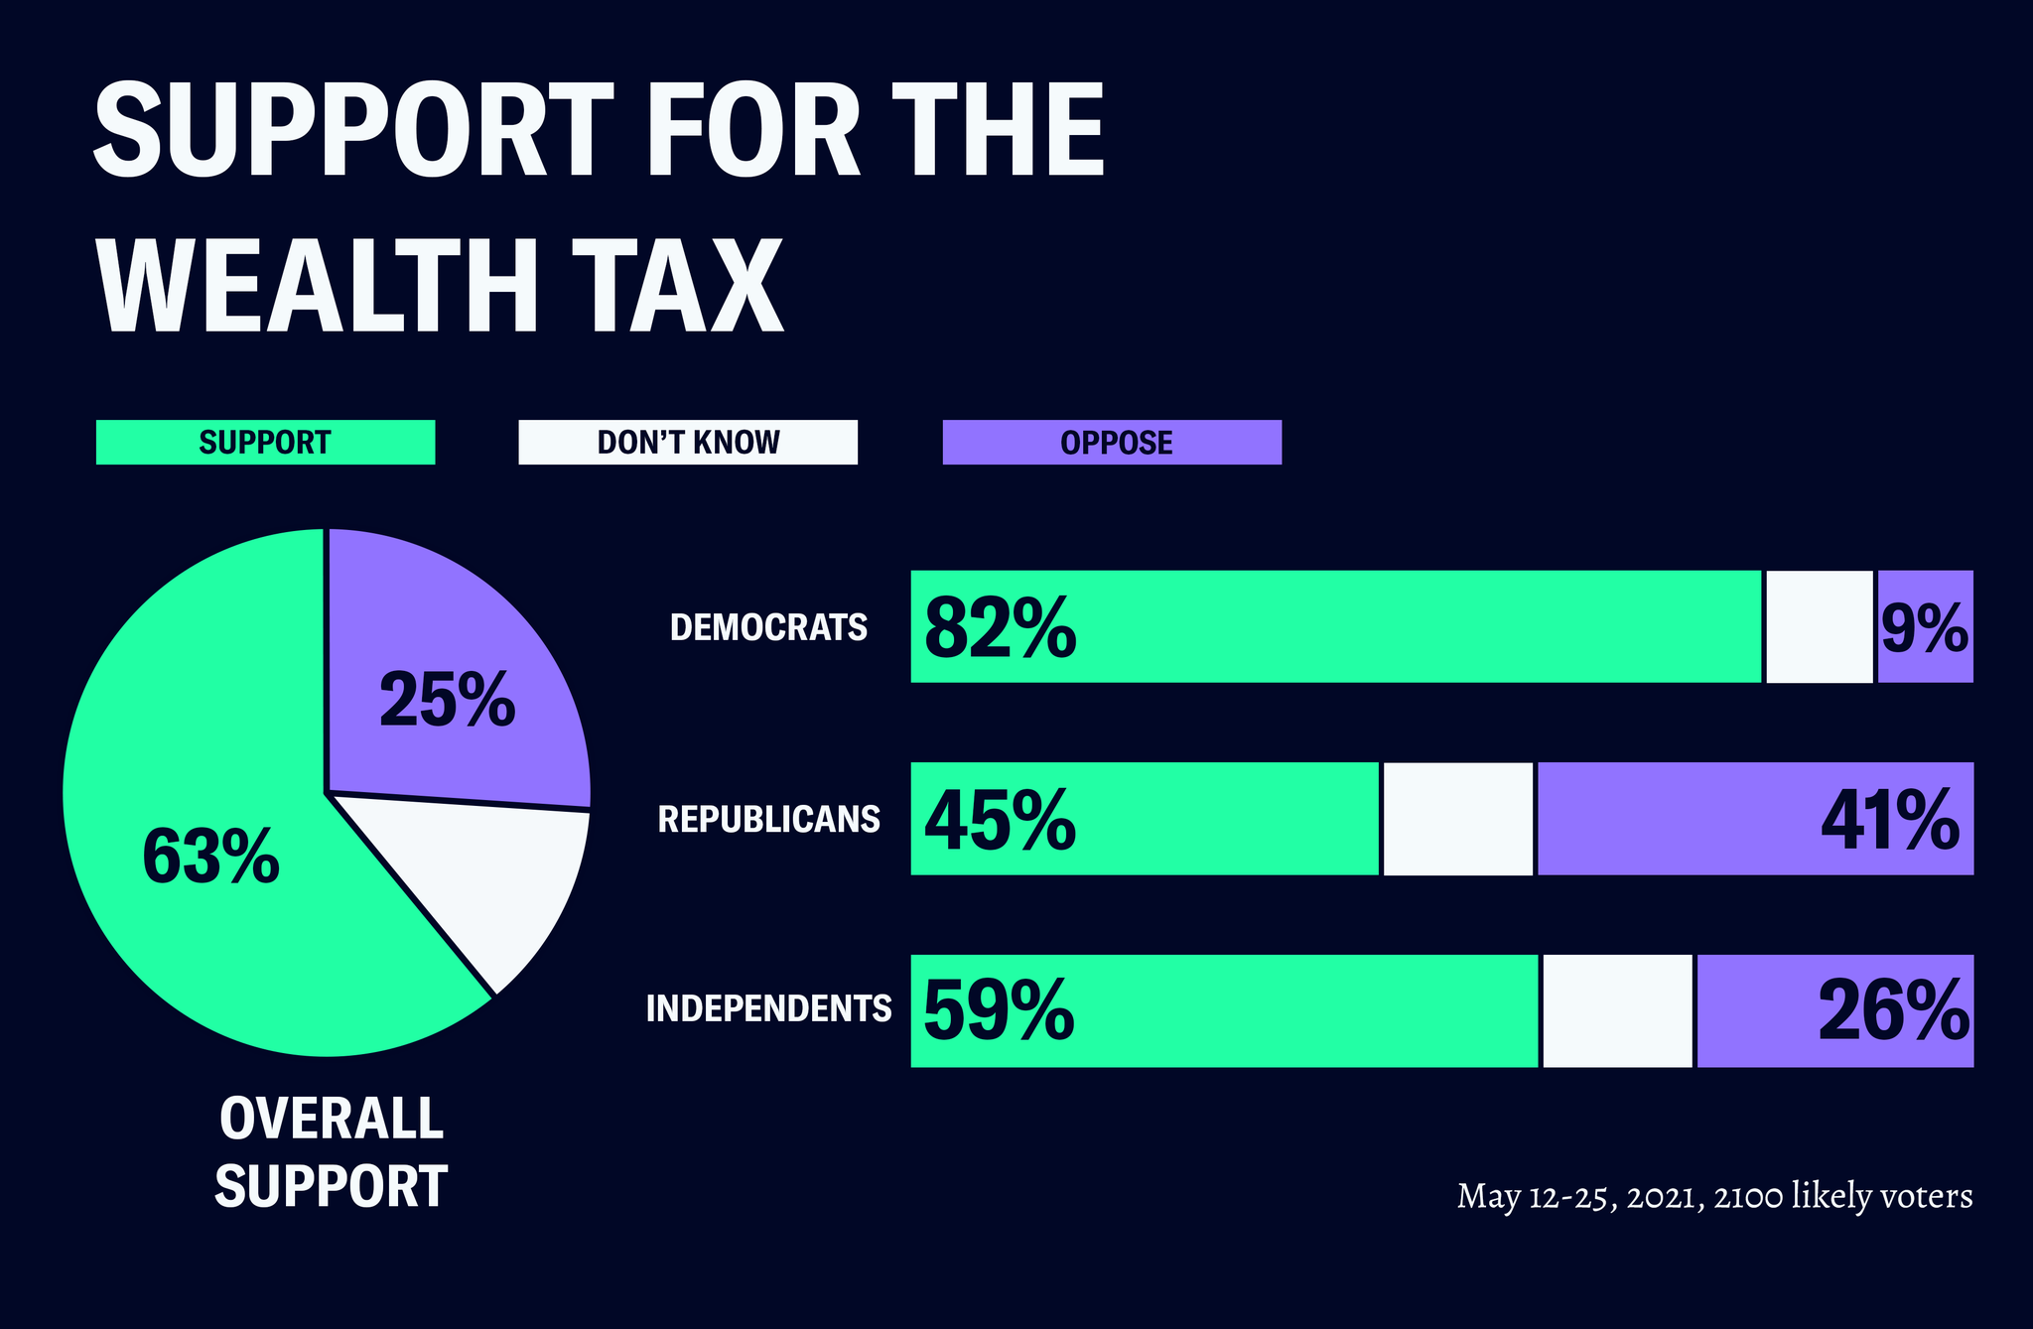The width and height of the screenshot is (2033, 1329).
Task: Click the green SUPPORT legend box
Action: point(265,443)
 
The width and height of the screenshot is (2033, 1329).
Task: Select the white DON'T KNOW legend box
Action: point(688,443)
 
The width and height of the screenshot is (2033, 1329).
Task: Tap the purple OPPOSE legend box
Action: point(1112,443)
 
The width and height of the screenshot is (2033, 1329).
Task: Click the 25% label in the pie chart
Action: point(448,701)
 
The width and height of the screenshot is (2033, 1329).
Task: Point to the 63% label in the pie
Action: point(210,857)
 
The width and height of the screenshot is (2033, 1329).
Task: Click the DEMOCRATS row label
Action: point(768,627)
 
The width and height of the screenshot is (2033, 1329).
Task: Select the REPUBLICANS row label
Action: point(768,819)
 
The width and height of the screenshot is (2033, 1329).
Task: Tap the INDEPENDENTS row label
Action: point(768,1008)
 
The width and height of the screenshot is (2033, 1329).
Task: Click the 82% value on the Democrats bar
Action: point(1000,628)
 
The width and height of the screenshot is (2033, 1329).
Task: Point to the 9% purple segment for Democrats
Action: point(1924,628)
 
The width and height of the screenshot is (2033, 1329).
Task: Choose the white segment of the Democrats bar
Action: point(1819,627)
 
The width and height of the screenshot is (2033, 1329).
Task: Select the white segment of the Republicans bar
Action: point(1457,820)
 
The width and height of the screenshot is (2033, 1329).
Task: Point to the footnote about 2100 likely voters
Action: point(1713,1196)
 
